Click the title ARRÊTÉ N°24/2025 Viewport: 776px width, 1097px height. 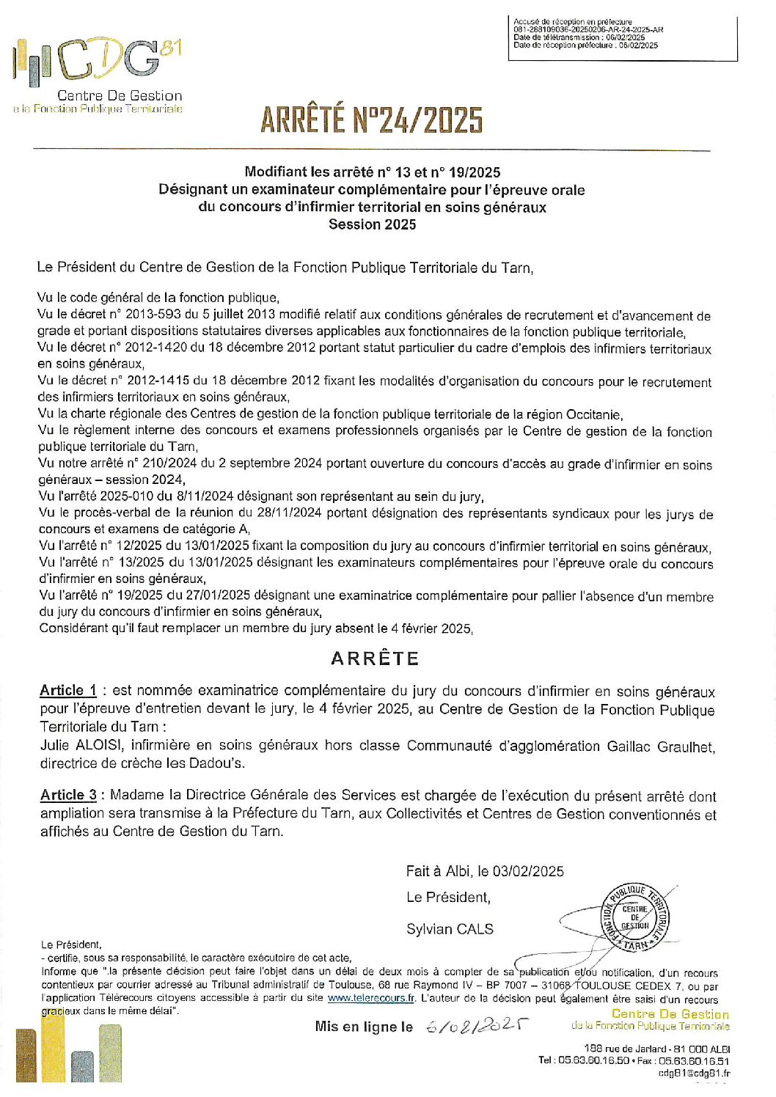[x=371, y=120]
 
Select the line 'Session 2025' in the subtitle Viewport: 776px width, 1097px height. [x=372, y=225]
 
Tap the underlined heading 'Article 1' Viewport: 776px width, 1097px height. [x=67, y=691]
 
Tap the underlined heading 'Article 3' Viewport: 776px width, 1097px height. [x=68, y=796]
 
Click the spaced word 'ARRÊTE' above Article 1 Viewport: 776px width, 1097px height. [x=375, y=658]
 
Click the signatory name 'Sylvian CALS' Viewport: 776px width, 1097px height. [x=450, y=929]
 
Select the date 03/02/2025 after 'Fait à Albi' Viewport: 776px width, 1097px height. [x=527, y=872]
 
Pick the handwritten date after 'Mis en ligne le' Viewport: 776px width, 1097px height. [x=477, y=1027]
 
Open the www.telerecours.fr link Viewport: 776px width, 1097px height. [x=371, y=999]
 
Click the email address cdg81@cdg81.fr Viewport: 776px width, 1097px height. [x=694, y=1074]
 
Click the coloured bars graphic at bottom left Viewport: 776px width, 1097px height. [x=69, y=1054]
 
